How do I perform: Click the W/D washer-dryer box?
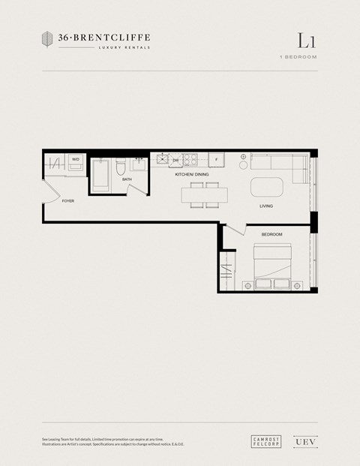76,161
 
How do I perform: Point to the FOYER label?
68,201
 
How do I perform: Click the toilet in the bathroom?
121,170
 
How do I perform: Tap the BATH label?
127,180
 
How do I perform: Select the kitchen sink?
161,160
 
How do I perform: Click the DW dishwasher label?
175,161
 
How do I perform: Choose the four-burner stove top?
190,160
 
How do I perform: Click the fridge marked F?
216,160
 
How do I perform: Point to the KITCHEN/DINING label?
192,175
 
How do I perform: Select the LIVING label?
266,206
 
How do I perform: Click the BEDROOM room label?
271,235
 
